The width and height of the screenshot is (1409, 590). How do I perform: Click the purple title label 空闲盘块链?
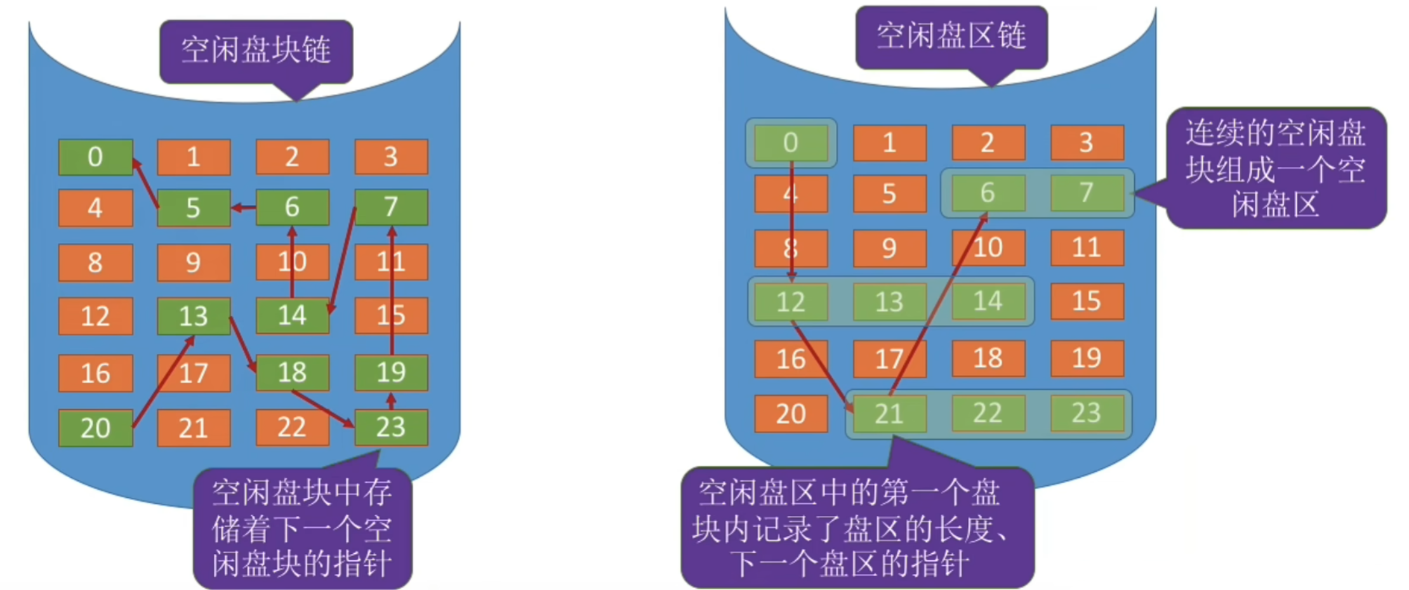[256, 51]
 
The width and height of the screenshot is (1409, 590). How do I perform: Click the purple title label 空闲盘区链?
[951, 37]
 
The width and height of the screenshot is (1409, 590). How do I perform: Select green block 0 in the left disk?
[95, 157]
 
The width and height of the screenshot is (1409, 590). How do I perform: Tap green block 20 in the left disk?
[95, 428]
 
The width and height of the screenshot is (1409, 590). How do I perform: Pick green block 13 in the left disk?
[193, 316]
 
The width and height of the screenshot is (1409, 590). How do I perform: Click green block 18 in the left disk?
[292, 372]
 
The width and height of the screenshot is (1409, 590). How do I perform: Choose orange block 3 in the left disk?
[391, 157]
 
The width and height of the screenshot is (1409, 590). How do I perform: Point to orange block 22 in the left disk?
[292, 428]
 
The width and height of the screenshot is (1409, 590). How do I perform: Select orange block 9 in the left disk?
[193, 262]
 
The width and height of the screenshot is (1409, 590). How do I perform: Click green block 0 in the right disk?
[790, 143]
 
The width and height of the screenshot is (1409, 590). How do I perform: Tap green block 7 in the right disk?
[1087, 192]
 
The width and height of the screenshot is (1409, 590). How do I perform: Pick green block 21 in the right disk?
[889, 414]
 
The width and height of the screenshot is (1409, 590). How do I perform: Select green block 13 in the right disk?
[889, 302]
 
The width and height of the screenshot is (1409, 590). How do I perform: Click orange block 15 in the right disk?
[1087, 301]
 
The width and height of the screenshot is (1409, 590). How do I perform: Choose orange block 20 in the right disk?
[790, 414]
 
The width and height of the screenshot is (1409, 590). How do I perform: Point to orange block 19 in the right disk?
[1087, 358]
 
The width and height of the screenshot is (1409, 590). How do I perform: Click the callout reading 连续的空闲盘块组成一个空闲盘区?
[1276, 168]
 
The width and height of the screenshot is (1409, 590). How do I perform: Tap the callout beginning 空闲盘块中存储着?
[302, 528]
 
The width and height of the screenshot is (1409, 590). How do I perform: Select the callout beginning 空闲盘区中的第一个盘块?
[857, 528]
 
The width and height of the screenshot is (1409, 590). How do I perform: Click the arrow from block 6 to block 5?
[244, 207]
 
